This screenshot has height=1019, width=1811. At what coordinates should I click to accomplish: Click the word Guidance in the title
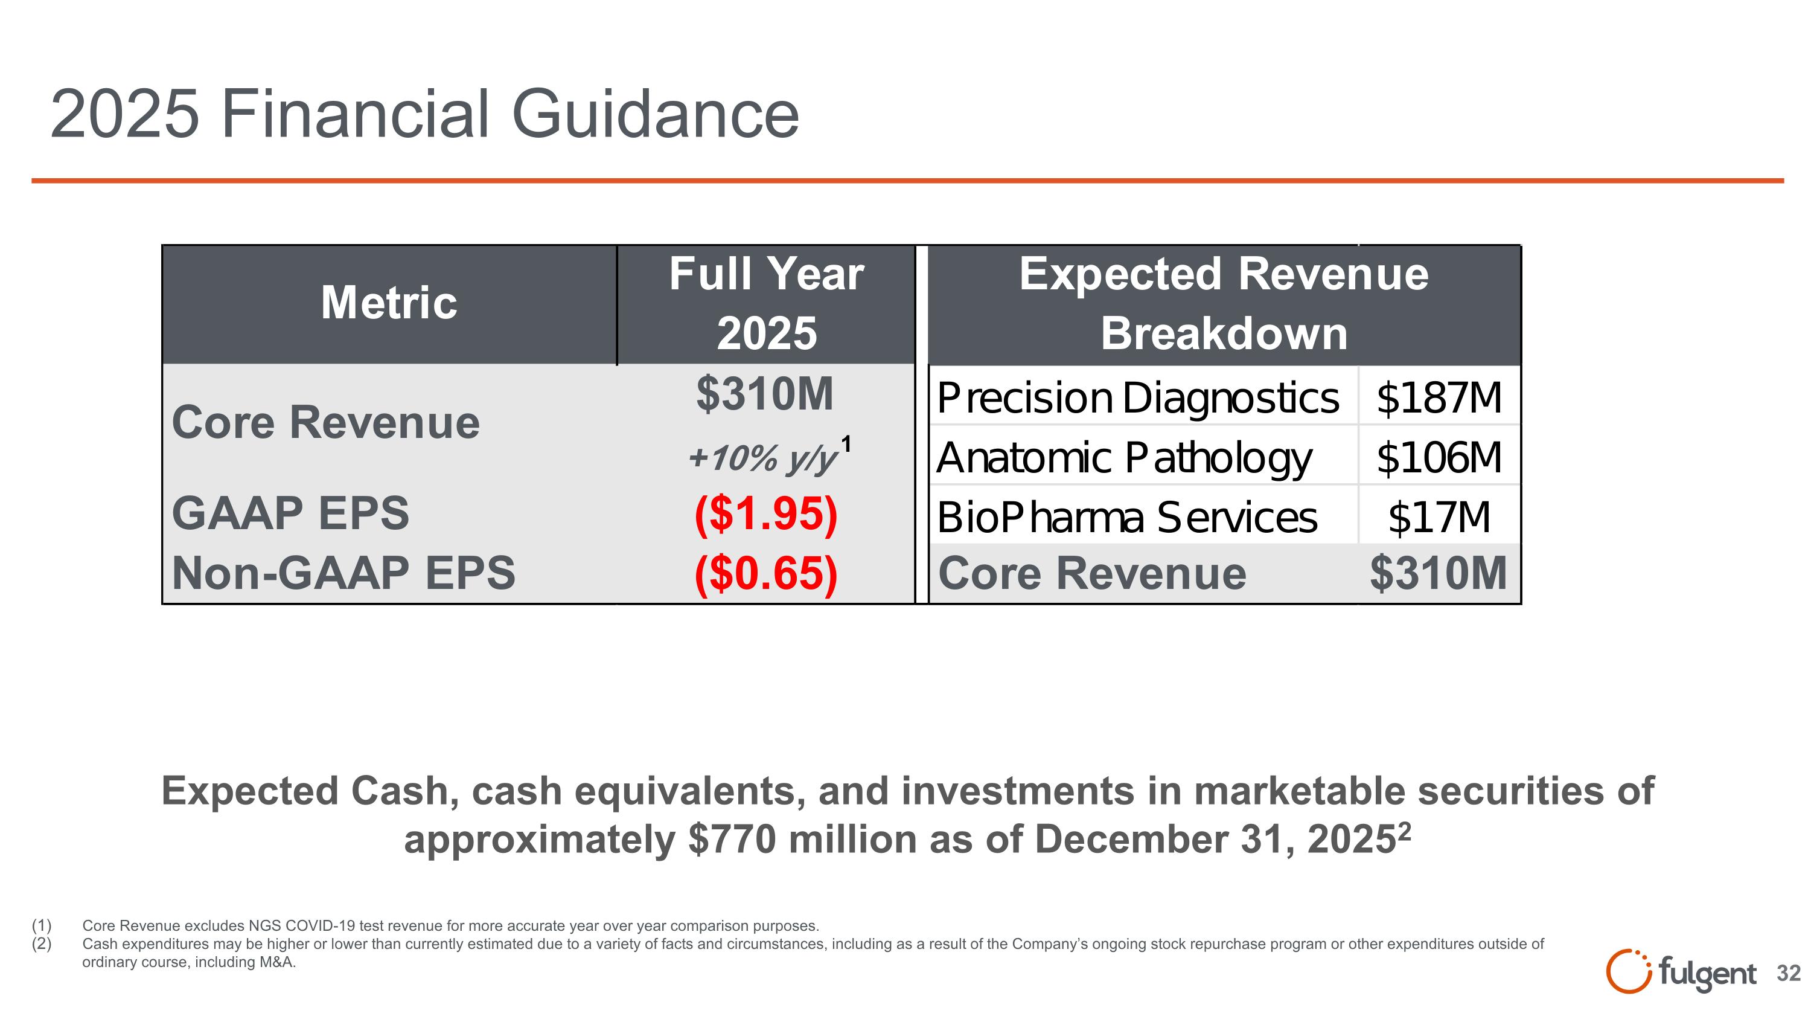point(655,115)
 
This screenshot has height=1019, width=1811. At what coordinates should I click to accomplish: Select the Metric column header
point(389,303)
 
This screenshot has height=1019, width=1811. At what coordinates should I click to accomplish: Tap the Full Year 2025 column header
point(766,303)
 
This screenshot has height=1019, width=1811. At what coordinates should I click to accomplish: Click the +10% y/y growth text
point(763,458)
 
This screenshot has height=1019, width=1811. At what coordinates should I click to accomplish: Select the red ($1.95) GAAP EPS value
point(765,514)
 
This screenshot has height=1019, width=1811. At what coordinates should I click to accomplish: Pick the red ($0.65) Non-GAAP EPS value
point(765,573)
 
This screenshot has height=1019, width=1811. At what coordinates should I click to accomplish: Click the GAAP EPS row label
point(290,513)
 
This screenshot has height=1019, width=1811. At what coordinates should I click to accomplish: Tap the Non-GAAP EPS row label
point(343,573)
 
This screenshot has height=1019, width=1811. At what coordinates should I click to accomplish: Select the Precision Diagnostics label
point(1137,398)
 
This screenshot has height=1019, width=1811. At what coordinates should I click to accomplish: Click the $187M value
point(1439,398)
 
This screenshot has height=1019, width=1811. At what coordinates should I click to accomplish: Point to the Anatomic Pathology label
point(1123,458)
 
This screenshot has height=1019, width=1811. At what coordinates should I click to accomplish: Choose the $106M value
point(1439,458)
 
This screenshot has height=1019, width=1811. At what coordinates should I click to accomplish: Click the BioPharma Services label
point(1126,518)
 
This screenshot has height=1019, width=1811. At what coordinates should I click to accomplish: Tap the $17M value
point(1439,518)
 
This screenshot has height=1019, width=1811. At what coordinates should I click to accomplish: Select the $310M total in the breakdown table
point(1439,573)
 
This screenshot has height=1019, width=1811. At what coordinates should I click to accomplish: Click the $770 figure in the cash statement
point(733,840)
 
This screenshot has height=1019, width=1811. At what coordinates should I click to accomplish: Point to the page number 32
point(1788,973)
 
